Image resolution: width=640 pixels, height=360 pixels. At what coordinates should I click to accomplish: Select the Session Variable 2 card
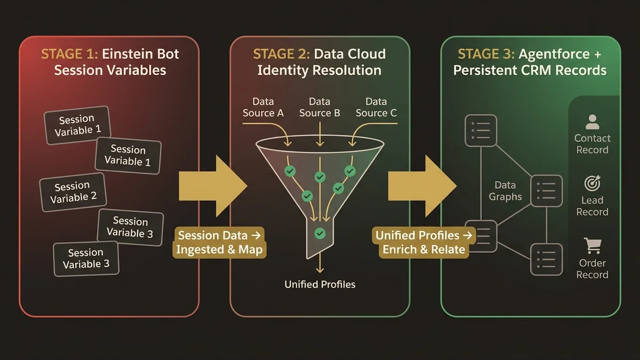click(73, 192)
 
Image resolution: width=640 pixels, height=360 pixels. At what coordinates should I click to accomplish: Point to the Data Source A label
click(263, 107)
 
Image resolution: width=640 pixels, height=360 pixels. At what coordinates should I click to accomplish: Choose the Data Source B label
click(319, 107)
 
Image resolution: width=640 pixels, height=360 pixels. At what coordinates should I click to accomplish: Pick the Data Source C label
click(376, 107)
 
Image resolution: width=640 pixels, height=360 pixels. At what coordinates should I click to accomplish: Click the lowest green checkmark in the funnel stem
click(320, 233)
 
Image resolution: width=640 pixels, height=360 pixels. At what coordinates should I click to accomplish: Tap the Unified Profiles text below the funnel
click(319, 284)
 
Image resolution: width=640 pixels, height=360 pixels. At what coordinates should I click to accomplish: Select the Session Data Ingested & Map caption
click(219, 243)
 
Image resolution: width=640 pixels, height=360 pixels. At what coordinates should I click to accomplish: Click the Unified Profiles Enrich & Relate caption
click(424, 243)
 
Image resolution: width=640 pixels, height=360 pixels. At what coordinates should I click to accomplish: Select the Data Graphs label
click(505, 191)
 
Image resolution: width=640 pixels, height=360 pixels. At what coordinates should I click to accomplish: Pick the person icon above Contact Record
click(592, 122)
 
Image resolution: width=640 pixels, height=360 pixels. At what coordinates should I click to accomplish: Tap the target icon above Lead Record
click(592, 183)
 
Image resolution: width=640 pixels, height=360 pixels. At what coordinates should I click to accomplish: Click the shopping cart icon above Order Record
click(592, 246)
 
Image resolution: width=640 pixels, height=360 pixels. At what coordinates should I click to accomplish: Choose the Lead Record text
click(592, 206)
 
